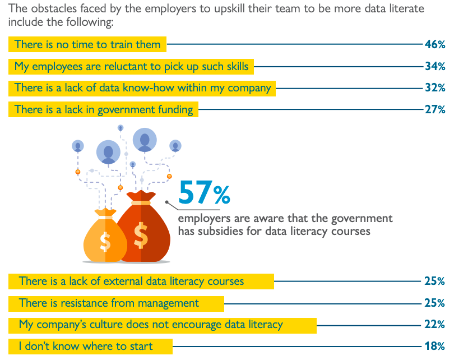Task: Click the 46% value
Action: click(x=434, y=44)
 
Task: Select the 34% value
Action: click(x=434, y=66)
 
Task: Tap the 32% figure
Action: click(x=434, y=87)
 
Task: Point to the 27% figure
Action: click(x=434, y=109)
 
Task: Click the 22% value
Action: click(x=434, y=325)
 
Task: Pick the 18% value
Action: click(x=434, y=346)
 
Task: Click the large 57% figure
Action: click(x=204, y=193)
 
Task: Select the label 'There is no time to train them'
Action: click(x=87, y=44)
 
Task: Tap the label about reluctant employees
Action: click(x=131, y=66)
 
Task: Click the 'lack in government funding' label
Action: click(x=104, y=109)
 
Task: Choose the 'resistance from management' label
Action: click(x=109, y=303)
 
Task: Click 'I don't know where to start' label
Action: click(x=86, y=346)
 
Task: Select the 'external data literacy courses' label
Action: click(x=131, y=281)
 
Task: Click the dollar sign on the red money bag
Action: click(x=141, y=236)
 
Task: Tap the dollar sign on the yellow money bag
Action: click(x=105, y=241)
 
